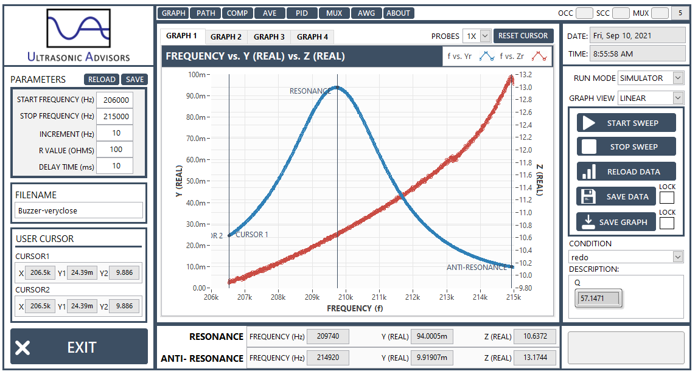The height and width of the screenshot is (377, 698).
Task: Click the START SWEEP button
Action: [626, 123]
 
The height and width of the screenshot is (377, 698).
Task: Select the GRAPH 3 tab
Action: [269, 37]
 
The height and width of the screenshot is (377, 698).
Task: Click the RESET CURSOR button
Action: [523, 35]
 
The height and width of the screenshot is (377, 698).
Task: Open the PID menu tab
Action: [302, 13]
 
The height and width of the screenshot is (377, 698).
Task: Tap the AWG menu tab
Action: [366, 13]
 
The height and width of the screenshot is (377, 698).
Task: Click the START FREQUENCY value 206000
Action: [116, 100]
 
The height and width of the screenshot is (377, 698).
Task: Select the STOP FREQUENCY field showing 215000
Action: [116, 117]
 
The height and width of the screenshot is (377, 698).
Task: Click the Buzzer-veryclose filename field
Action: [79, 211]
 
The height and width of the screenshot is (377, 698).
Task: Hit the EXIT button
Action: [79, 347]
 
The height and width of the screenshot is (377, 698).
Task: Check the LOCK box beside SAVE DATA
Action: [667, 198]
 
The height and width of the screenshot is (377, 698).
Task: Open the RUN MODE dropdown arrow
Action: [678, 78]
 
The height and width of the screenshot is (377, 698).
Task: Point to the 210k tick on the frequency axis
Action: [346, 297]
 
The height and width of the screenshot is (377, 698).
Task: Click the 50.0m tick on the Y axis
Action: [196, 181]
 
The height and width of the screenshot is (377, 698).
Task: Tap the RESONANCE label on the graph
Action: [310, 91]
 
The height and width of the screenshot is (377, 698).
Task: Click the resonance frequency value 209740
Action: [328, 336]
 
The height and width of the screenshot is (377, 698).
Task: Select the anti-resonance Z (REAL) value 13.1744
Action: [535, 358]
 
